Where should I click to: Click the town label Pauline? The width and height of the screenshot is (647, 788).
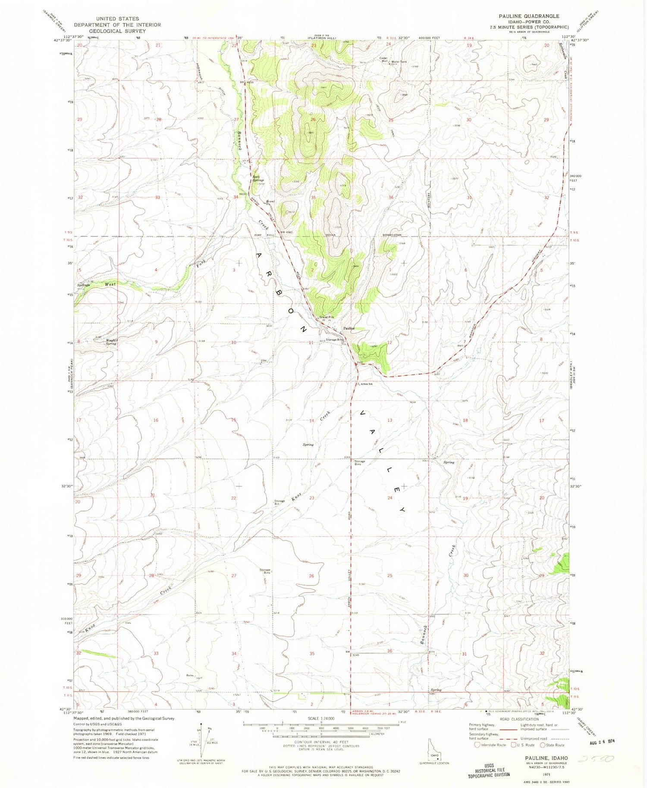[x=349, y=328]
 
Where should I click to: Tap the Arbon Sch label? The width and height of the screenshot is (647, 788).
[x=367, y=384]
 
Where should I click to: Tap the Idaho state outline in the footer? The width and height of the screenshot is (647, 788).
[x=433, y=749]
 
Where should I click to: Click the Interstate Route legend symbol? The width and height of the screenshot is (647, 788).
[x=477, y=745]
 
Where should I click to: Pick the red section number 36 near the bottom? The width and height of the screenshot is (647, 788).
[x=389, y=651]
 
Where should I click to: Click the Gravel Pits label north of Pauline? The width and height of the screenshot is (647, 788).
[x=327, y=318]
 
